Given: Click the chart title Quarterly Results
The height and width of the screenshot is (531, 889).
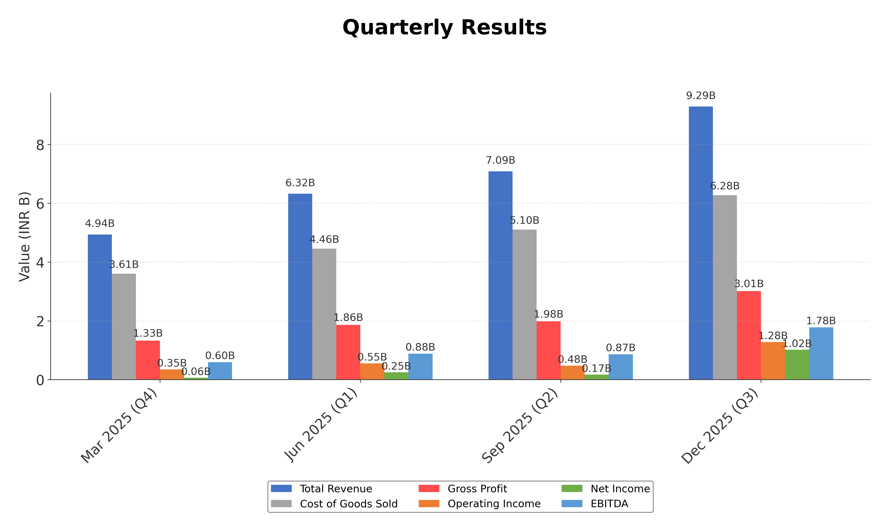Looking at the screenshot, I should (x=444, y=28).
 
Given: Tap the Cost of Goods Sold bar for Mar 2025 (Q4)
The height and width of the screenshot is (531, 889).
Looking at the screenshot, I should (x=124, y=326).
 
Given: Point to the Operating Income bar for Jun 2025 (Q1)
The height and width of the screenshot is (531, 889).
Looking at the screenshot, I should (x=372, y=371).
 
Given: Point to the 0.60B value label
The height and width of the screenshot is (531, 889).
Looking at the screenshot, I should (x=220, y=356).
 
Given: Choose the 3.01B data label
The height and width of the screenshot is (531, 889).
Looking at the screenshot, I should (x=749, y=284).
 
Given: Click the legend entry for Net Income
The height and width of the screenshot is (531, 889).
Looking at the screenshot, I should (x=620, y=489).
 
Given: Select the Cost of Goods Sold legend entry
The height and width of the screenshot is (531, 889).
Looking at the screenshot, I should (x=348, y=504).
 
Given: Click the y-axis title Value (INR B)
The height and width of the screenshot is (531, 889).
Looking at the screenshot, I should (x=24, y=237).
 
